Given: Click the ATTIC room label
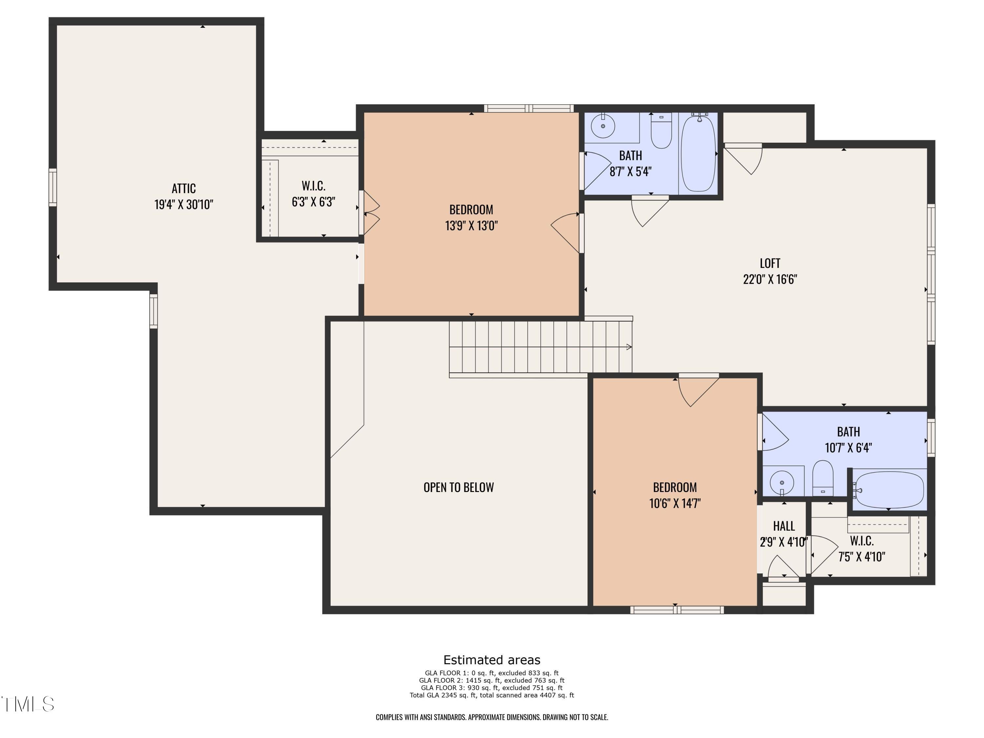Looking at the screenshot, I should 183,189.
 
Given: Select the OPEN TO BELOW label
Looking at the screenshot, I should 458,487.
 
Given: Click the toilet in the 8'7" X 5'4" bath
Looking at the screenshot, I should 661,131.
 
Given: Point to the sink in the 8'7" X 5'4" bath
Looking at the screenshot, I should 603,126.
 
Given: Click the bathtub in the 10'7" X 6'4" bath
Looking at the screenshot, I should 889,489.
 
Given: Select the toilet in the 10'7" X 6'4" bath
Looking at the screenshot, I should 823,478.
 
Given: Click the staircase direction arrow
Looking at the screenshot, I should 628,347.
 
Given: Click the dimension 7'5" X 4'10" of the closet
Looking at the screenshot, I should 862,557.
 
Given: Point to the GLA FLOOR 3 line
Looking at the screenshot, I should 492,688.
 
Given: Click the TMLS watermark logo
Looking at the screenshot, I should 28,704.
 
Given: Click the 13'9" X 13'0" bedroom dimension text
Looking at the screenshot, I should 471,226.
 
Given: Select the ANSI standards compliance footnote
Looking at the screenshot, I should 492,717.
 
